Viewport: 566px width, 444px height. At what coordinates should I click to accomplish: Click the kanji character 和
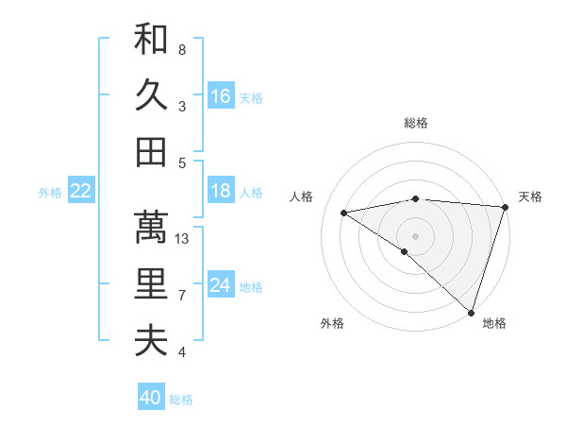tap(151, 40)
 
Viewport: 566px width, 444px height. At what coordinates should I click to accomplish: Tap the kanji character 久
tap(151, 95)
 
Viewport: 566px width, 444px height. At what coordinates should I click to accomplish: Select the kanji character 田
tap(151, 151)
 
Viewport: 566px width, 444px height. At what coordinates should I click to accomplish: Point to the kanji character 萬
tap(151, 227)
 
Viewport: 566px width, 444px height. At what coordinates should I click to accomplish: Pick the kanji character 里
tap(151, 283)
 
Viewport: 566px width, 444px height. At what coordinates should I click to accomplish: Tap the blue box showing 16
tap(221, 95)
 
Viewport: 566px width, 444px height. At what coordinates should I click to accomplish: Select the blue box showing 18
tap(221, 191)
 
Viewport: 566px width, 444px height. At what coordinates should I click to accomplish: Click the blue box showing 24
tap(221, 285)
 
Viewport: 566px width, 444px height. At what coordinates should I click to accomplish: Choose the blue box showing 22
tap(81, 191)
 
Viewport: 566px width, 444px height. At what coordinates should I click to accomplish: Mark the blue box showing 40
tap(151, 398)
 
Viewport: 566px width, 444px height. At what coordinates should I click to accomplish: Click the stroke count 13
tap(183, 238)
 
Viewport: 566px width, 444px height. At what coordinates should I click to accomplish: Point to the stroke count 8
tap(182, 49)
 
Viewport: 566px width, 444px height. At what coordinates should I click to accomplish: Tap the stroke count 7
tap(182, 296)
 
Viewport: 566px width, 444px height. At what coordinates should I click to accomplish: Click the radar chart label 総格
tap(416, 123)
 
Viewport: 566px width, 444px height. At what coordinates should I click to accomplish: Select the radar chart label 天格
tap(531, 196)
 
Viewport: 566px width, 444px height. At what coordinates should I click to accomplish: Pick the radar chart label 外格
tap(332, 324)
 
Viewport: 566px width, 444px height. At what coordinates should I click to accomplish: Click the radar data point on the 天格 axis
tap(506, 207)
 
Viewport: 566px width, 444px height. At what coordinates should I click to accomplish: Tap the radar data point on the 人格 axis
tap(344, 213)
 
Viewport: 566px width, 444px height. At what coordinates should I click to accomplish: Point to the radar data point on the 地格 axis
tap(471, 312)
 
